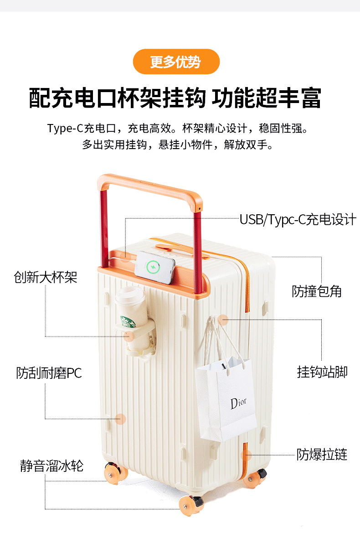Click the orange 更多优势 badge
tap(176, 62)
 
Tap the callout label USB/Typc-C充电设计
tap(298, 219)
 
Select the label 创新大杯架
tap(45, 277)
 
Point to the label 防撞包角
tap(317, 291)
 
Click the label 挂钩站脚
tap(322, 372)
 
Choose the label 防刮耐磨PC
tap(49, 373)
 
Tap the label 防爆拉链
tap(322, 454)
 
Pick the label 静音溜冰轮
tap(51, 466)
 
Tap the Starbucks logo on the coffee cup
tap(128, 322)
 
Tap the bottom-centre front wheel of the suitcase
tap(190, 506)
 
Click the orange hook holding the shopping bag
tap(222, 320)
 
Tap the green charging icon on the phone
tap(152, 266)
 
